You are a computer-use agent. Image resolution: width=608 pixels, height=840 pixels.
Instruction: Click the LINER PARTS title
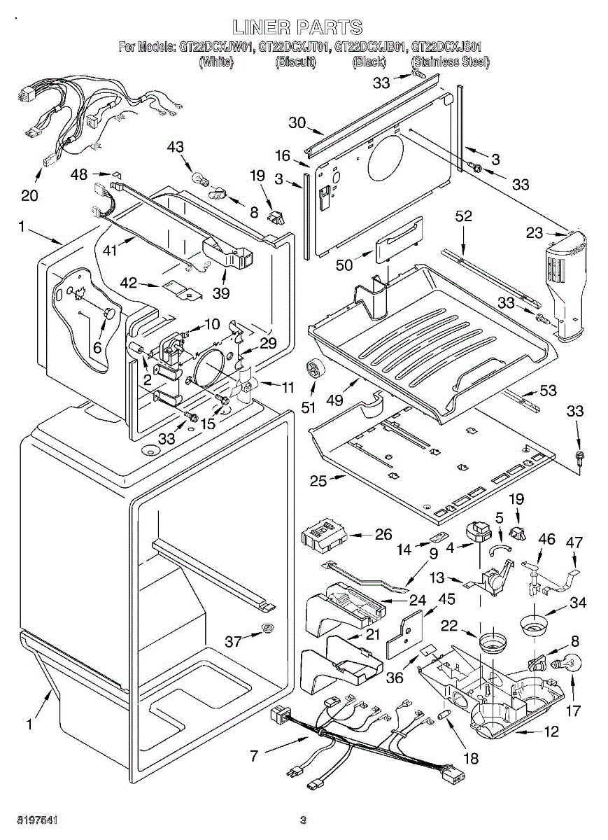click(297, 28)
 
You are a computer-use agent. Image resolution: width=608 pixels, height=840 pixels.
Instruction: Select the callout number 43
click(176, 146)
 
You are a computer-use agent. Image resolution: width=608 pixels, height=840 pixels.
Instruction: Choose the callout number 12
click(551, 732)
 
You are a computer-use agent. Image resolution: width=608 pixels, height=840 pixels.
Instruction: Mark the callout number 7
click(255, 755)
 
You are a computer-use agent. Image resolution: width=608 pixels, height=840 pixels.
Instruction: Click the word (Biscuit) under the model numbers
click(296, 62)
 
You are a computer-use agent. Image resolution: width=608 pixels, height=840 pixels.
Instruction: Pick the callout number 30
click(297, 122)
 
